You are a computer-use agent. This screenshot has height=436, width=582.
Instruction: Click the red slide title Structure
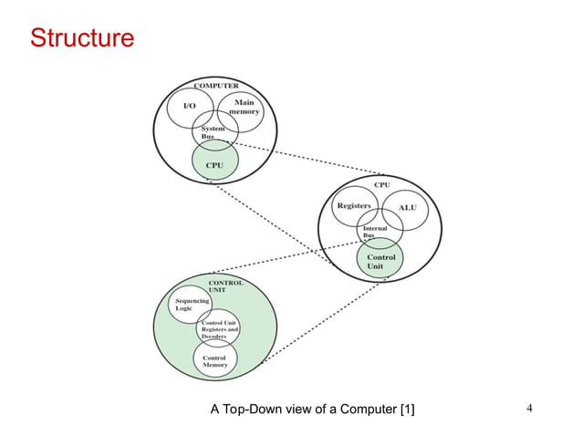(x=82, y=39)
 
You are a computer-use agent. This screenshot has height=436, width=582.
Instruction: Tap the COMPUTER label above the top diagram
(x=215, y=86)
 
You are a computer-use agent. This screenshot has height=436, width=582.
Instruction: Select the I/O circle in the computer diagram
(x=189, y=109)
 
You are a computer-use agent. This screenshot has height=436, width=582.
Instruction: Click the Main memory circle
(x=242, y=109)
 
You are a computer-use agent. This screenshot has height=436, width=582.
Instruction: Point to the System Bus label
(x=213, y=135)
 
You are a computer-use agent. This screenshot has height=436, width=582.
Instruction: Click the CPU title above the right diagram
(x=381, y=184)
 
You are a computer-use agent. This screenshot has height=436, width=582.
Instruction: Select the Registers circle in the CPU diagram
(x=353, y=207)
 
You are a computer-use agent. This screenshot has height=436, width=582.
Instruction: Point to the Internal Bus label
(x=375, y=232)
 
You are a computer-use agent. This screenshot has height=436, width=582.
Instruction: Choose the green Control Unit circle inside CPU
(x=379, y=262)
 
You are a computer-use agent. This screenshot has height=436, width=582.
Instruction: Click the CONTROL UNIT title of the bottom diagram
(x=226, y=286)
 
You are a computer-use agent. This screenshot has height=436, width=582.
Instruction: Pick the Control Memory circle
(x=214, y=361)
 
